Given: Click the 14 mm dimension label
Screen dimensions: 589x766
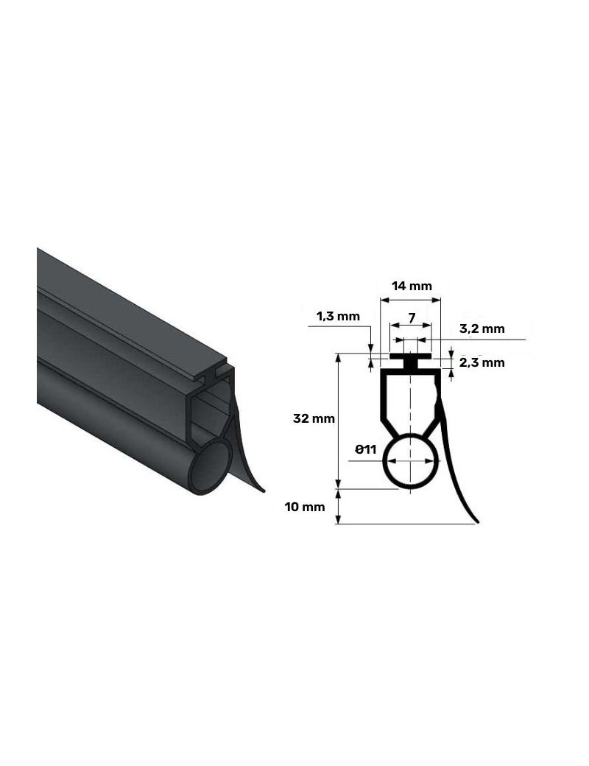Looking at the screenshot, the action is [412, 286].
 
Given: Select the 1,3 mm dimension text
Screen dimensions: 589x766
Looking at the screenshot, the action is [338, 316].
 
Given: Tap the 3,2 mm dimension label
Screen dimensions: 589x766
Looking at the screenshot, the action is [482, 328].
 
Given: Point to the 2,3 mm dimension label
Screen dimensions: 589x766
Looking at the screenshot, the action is [482, 362].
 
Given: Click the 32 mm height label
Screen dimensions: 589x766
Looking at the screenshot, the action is [314, 418].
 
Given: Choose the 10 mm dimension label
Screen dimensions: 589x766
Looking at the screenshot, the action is [305, 507].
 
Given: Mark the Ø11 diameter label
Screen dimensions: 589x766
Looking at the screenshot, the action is [366, 449].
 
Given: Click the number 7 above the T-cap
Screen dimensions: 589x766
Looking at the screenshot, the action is [412, 318].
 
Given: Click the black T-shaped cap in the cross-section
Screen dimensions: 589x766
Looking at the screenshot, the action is [411, 360].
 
